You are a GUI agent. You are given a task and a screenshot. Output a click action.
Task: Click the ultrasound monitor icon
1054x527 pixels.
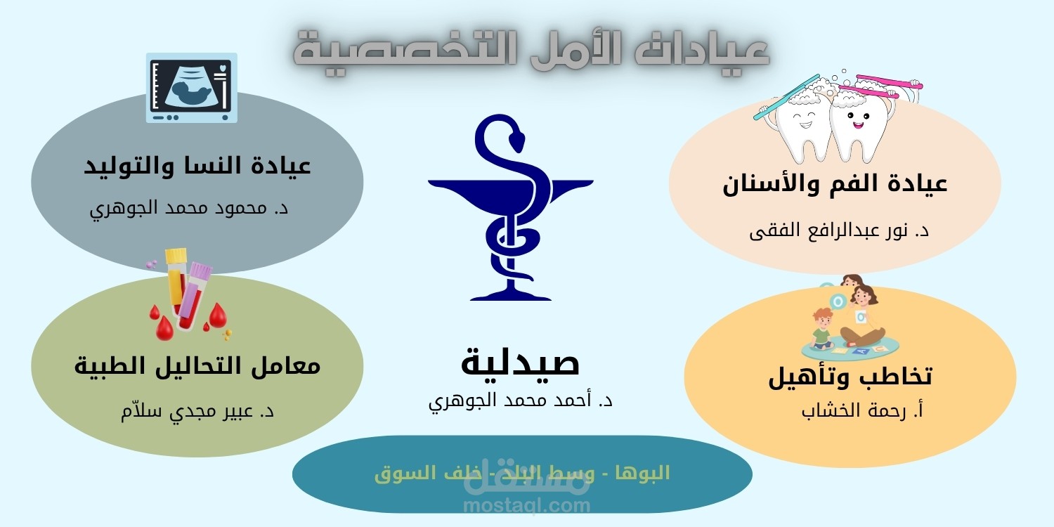(192, 88)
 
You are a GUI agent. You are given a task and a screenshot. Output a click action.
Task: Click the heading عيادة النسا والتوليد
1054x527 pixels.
(197, 166)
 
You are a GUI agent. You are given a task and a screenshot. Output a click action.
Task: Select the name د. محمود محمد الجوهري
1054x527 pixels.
(189, 209)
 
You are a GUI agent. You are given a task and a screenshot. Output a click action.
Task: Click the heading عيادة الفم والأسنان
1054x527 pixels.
(835, 184)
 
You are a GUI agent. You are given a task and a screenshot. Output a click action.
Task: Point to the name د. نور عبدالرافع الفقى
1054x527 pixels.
(839, 231)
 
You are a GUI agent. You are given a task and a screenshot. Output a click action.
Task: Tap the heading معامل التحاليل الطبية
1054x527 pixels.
(197, 365)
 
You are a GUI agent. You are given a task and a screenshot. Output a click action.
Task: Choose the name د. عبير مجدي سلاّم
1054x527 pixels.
(197, 411)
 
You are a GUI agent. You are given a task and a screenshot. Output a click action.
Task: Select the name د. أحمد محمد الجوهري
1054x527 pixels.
(521, 401)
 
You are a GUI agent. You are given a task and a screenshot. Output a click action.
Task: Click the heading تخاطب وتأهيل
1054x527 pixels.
(850, 377)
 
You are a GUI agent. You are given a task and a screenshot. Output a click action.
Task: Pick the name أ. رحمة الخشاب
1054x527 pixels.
(862, 411)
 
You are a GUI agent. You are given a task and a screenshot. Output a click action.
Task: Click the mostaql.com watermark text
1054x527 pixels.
(526, 506)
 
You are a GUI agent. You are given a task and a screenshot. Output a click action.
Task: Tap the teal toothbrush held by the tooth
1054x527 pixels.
(786, 98)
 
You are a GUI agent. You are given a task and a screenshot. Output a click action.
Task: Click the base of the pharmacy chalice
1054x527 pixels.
(511, 296)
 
